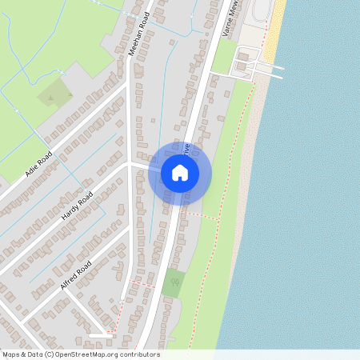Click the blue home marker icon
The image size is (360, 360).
[180, 173]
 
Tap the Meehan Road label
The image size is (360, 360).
[140, 33]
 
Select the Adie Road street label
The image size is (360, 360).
[38, 162]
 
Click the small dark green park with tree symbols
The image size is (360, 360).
[173, 283]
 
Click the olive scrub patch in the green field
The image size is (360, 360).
[54, 94]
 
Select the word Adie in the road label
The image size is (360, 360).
[31, 168]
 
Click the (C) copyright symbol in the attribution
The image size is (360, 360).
[50, 354]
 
